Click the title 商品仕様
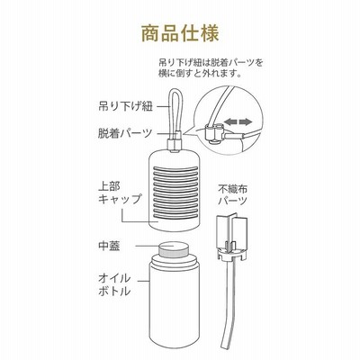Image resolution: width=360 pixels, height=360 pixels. click(x=180, y=33)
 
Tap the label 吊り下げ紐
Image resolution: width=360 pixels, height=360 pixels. click(x=126, y=106)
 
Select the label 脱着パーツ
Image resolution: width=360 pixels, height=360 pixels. click(x=126, y=133)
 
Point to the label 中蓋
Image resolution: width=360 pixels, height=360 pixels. click(x=109, y=246)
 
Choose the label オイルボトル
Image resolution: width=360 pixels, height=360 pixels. click(x=114, y=284)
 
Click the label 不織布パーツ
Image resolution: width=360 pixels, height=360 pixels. click(x=233, y=195)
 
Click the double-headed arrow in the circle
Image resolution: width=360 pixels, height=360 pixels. click(x=238, y=121)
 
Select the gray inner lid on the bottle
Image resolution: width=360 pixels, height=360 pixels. click(x=174, y=248)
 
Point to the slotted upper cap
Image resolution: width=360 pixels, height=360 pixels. click(x=174, y=191)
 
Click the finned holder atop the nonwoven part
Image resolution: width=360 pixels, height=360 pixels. click(x=232, y=236)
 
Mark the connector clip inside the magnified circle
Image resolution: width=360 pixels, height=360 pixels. click(x=213, y=133)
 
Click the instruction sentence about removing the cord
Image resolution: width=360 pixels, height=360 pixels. click(x=211, y=67)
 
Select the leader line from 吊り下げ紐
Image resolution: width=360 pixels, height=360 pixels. click(x=162, y=106)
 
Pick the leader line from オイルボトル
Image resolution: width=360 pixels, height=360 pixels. click(x=144, y=281)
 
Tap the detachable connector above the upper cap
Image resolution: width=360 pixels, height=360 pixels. click(x=175, y=144)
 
